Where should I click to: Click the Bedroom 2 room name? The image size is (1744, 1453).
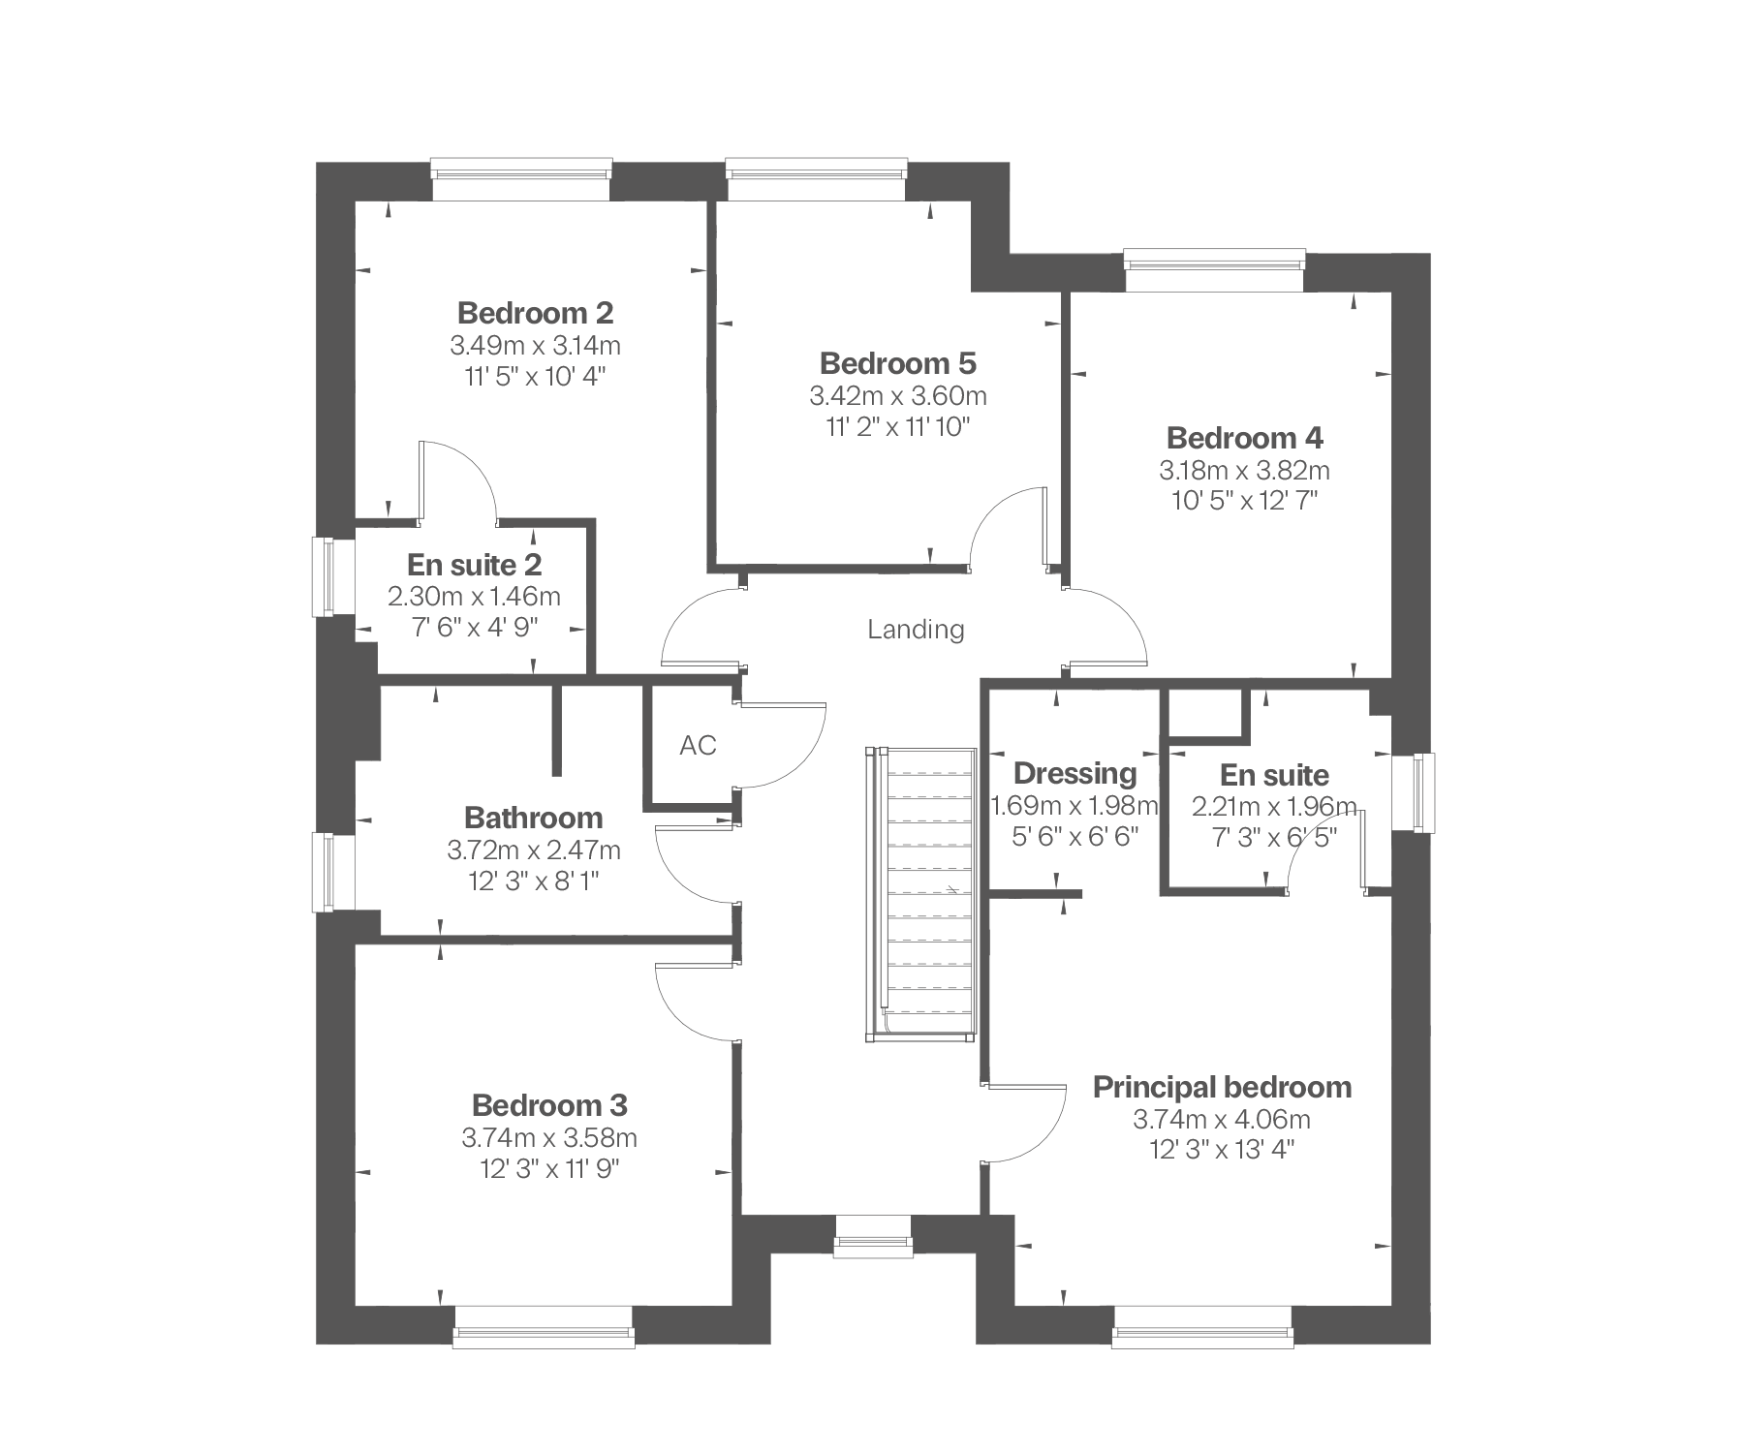coord(535,313)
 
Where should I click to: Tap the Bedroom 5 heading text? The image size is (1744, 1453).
coord(898,363)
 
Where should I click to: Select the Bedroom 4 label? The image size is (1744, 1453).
coord(1245,438)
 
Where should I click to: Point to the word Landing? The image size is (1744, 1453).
coord(916,631)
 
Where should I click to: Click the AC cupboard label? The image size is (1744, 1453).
coord(698,745)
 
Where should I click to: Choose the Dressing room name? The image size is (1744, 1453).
coord(1074,774)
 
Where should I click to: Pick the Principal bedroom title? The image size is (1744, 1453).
coord(1222,1087)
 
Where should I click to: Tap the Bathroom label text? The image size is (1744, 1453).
coord(534,818)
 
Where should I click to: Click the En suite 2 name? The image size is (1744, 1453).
coord(474,564)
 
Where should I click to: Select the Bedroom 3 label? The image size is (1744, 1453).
coord(549,1105)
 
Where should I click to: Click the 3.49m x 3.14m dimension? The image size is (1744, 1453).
coord(535,345)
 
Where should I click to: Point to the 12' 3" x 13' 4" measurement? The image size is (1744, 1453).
coord(1222,1150)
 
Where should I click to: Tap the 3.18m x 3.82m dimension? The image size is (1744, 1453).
coord(1245,471)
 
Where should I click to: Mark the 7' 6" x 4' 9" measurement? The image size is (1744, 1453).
coord(474,628)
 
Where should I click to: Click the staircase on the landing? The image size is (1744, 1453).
coord(921,894)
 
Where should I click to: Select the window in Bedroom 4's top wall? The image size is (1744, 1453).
coord(1215,270)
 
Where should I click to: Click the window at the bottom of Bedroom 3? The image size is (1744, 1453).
coord(544,1326)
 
